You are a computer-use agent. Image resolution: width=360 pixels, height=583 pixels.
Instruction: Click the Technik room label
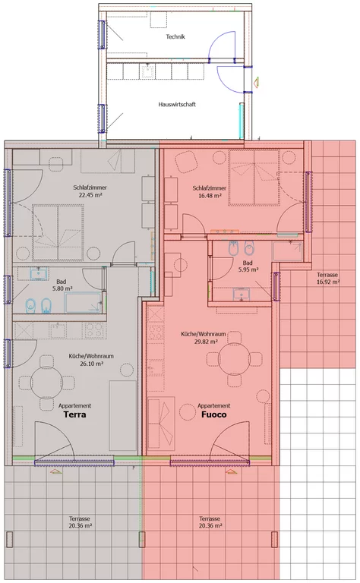175,36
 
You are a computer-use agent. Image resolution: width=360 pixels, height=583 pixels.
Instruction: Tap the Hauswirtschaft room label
177,105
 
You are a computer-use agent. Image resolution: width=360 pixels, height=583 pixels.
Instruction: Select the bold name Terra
74,414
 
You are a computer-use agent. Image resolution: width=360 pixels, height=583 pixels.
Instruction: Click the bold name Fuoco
214,414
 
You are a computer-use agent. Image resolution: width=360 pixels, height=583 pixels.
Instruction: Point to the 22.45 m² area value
90,194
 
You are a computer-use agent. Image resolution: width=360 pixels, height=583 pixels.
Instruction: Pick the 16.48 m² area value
210,195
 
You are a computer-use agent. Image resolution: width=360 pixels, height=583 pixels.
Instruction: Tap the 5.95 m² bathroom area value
248,270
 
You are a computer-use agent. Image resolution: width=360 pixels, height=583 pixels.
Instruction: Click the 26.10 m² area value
91,364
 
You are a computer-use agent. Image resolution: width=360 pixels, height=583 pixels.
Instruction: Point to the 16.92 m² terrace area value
327,282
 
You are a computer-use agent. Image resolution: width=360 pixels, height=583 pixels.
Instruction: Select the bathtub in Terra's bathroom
83,303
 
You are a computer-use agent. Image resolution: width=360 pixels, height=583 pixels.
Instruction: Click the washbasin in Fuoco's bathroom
242,295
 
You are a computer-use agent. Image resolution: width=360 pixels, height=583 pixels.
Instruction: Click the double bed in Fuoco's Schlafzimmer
254,178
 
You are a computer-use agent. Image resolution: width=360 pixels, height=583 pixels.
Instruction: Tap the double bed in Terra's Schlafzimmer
57,232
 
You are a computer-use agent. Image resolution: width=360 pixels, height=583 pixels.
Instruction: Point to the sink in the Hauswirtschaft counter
147,71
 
